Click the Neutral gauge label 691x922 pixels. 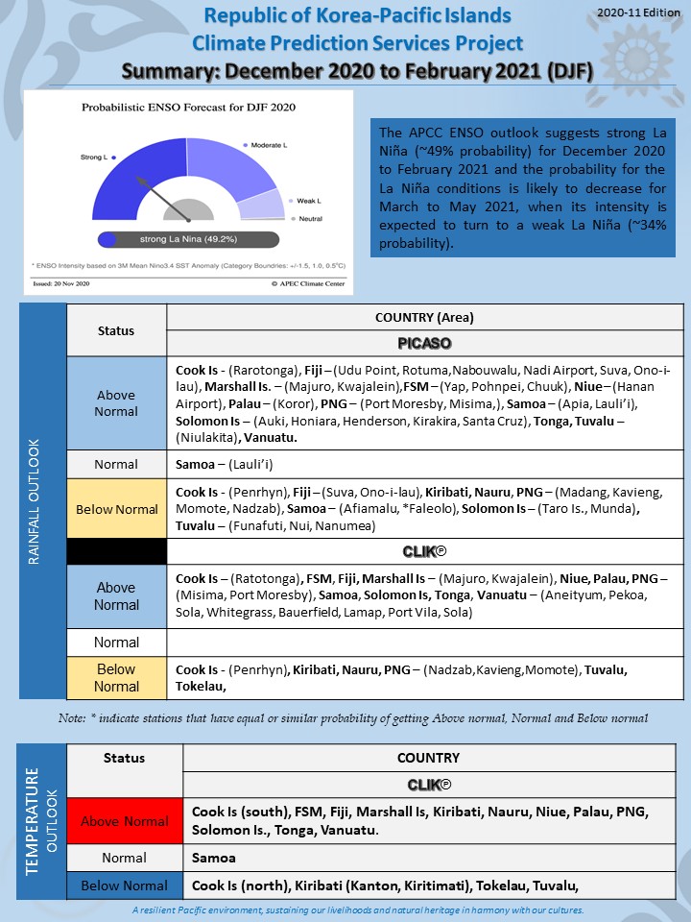310,219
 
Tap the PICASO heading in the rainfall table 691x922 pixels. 425,343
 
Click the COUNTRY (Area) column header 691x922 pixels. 425,317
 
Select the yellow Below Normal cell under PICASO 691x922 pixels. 116,510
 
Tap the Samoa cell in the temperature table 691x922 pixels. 214,857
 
